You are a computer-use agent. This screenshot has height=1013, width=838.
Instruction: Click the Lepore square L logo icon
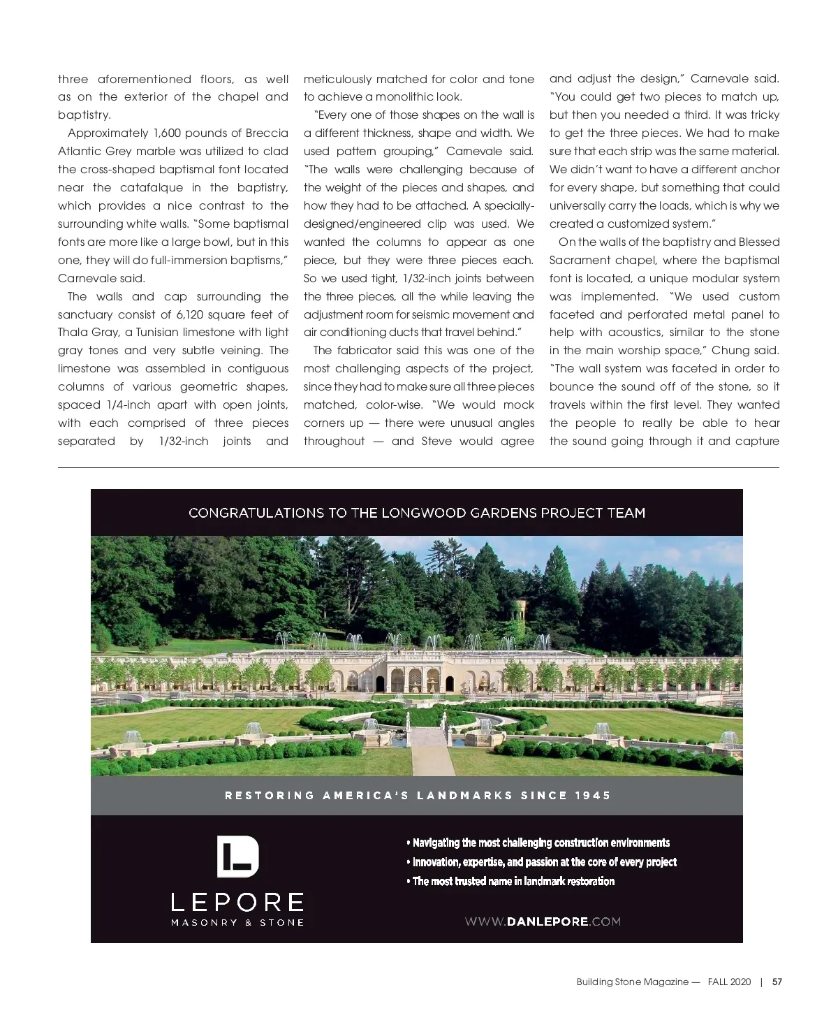point(237,857)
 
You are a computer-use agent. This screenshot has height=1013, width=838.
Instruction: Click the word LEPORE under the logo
point(237,902)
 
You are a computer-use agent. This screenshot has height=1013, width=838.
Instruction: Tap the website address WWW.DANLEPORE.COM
point(543,921)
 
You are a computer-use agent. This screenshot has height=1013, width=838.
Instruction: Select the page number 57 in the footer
point(777,982)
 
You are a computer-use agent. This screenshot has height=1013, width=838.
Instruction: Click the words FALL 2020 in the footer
point(730,982)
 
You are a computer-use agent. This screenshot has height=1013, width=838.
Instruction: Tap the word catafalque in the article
point(152,187)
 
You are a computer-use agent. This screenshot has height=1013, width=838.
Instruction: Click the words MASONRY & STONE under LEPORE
point(237,922)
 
